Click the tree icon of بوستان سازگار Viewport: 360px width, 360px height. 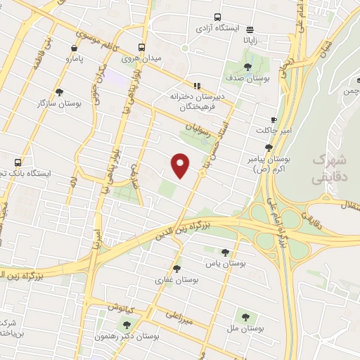click(59, 92)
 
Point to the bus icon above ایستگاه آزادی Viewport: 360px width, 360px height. click(217, 17)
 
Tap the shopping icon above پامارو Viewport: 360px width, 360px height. click(75, 49)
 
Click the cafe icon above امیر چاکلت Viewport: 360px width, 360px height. click(274, 121)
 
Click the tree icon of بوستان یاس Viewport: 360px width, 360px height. click(225, 252)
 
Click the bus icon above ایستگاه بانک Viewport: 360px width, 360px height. click(17, 162)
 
